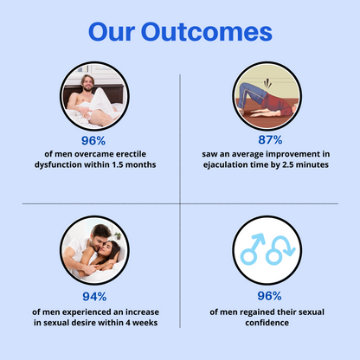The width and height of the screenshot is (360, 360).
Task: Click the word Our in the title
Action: [x=119, y=32]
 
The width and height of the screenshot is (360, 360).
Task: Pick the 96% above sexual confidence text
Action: [x=271, y=295]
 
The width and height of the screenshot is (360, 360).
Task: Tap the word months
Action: [x=139, y=164]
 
